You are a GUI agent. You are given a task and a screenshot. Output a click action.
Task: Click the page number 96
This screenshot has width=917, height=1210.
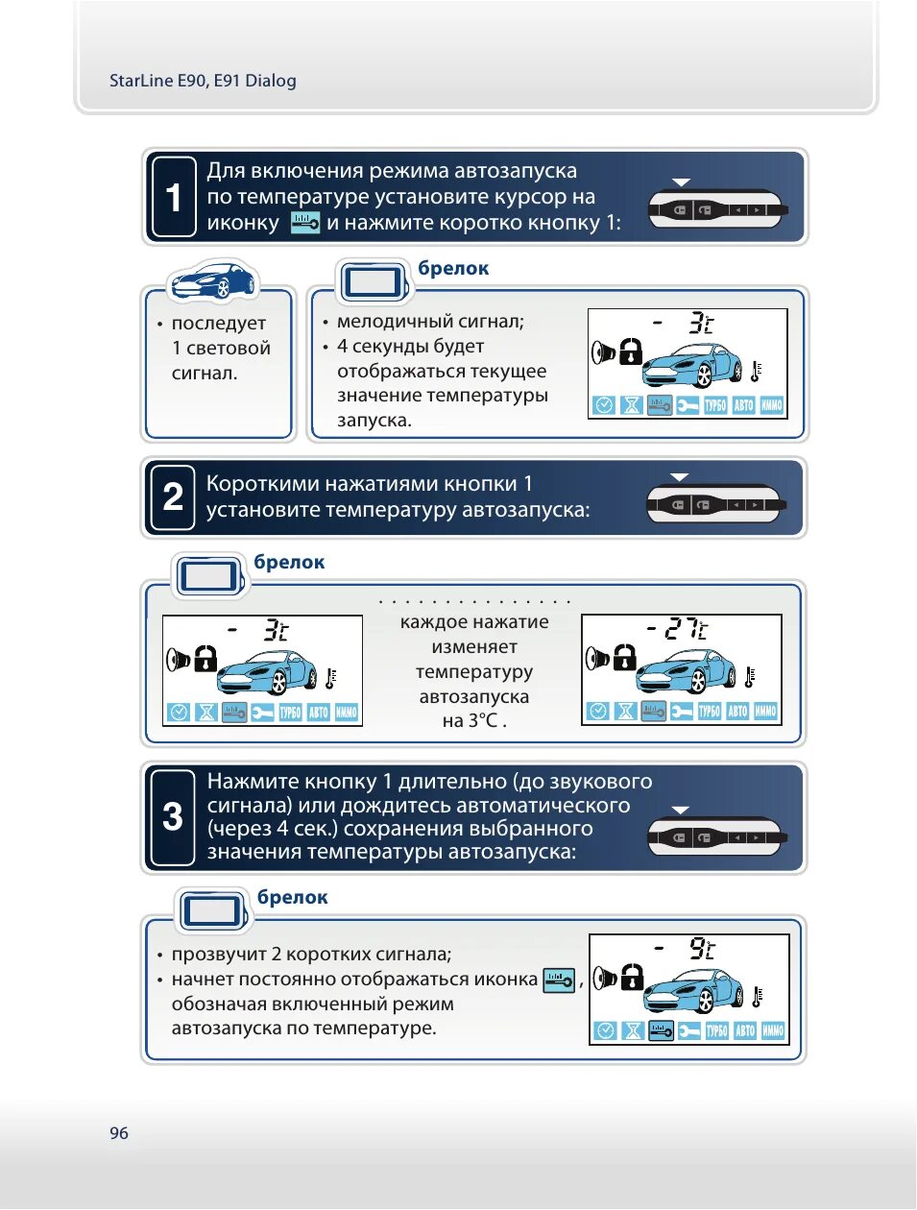(118, 1133)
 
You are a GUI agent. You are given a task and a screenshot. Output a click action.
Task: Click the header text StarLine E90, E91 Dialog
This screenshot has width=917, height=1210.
(203, 81)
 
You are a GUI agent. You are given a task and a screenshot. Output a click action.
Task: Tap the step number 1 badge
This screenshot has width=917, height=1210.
(174, 197)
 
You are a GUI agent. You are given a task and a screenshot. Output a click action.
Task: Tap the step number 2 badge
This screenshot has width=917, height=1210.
(173, 496)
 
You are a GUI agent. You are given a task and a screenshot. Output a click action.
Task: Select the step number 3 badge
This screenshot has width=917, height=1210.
(173, 817)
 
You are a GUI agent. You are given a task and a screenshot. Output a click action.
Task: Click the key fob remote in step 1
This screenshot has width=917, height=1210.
(716, 208)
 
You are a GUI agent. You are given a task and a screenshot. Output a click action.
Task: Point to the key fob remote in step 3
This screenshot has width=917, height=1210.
(716, 837)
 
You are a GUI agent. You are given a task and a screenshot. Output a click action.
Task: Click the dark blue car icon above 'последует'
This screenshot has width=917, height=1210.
(213, 280)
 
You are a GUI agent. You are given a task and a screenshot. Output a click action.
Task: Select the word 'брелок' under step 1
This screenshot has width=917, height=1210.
(453, 269)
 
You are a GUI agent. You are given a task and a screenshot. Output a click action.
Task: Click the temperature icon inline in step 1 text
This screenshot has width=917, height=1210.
(304, 223)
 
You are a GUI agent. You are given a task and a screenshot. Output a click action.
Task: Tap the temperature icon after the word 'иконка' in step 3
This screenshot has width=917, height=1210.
(559, 980)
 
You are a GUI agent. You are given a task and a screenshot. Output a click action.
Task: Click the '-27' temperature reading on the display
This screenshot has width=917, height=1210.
(677, 629)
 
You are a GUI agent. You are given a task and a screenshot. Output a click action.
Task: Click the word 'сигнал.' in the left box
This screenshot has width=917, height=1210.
(205, 373)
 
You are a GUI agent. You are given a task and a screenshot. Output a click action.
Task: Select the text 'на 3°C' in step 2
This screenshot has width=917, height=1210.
(473, 720)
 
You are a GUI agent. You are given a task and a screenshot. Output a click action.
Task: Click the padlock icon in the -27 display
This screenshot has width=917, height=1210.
(624, 658)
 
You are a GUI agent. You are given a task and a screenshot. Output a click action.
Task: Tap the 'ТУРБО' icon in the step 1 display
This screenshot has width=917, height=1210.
(715, 405)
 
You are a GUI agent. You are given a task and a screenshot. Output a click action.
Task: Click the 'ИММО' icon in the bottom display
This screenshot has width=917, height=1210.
(773, 1030)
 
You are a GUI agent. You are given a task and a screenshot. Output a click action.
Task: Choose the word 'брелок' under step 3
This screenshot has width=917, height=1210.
(293, 897)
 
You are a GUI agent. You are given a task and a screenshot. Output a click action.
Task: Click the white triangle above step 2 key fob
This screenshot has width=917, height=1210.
(680, 477)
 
